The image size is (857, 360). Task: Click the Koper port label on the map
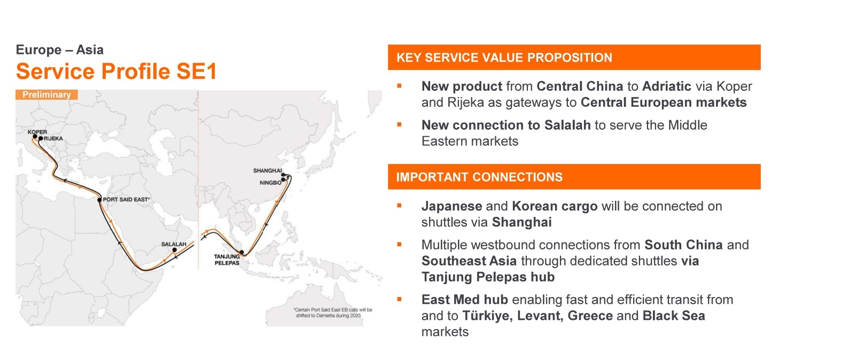click(x=37, y=132)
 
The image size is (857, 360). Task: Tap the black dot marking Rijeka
click(x=41, y=138)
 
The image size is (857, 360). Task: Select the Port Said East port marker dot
click(x=99, y=200)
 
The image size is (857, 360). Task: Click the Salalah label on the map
click(x=174, y=244)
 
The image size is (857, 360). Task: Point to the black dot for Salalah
click(x=175, y=250)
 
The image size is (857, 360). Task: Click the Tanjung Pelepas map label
click(x=227, y=260)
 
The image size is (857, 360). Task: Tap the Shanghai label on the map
click(x=268, y=170)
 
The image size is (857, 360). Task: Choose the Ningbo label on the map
click(x=270, y=183)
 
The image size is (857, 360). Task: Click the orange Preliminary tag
click(x=46, y=95)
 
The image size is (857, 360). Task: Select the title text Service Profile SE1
click(x=116, y=71)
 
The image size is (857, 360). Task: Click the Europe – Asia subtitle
click(x=60, y=50)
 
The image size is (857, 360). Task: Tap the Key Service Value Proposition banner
click(x=574, y=57)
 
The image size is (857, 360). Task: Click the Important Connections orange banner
click(x=574, y=177)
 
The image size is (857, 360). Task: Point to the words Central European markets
click(x=664, y=103)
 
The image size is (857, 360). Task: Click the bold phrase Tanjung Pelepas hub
click(x=488, y=277)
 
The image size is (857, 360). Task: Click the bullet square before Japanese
click(x=400, y=206)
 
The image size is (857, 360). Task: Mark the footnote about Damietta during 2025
click(x=332, y=312)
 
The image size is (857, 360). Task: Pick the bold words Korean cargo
click(x=555, y=206)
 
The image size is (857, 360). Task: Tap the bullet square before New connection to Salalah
click(x=400, y=124)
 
